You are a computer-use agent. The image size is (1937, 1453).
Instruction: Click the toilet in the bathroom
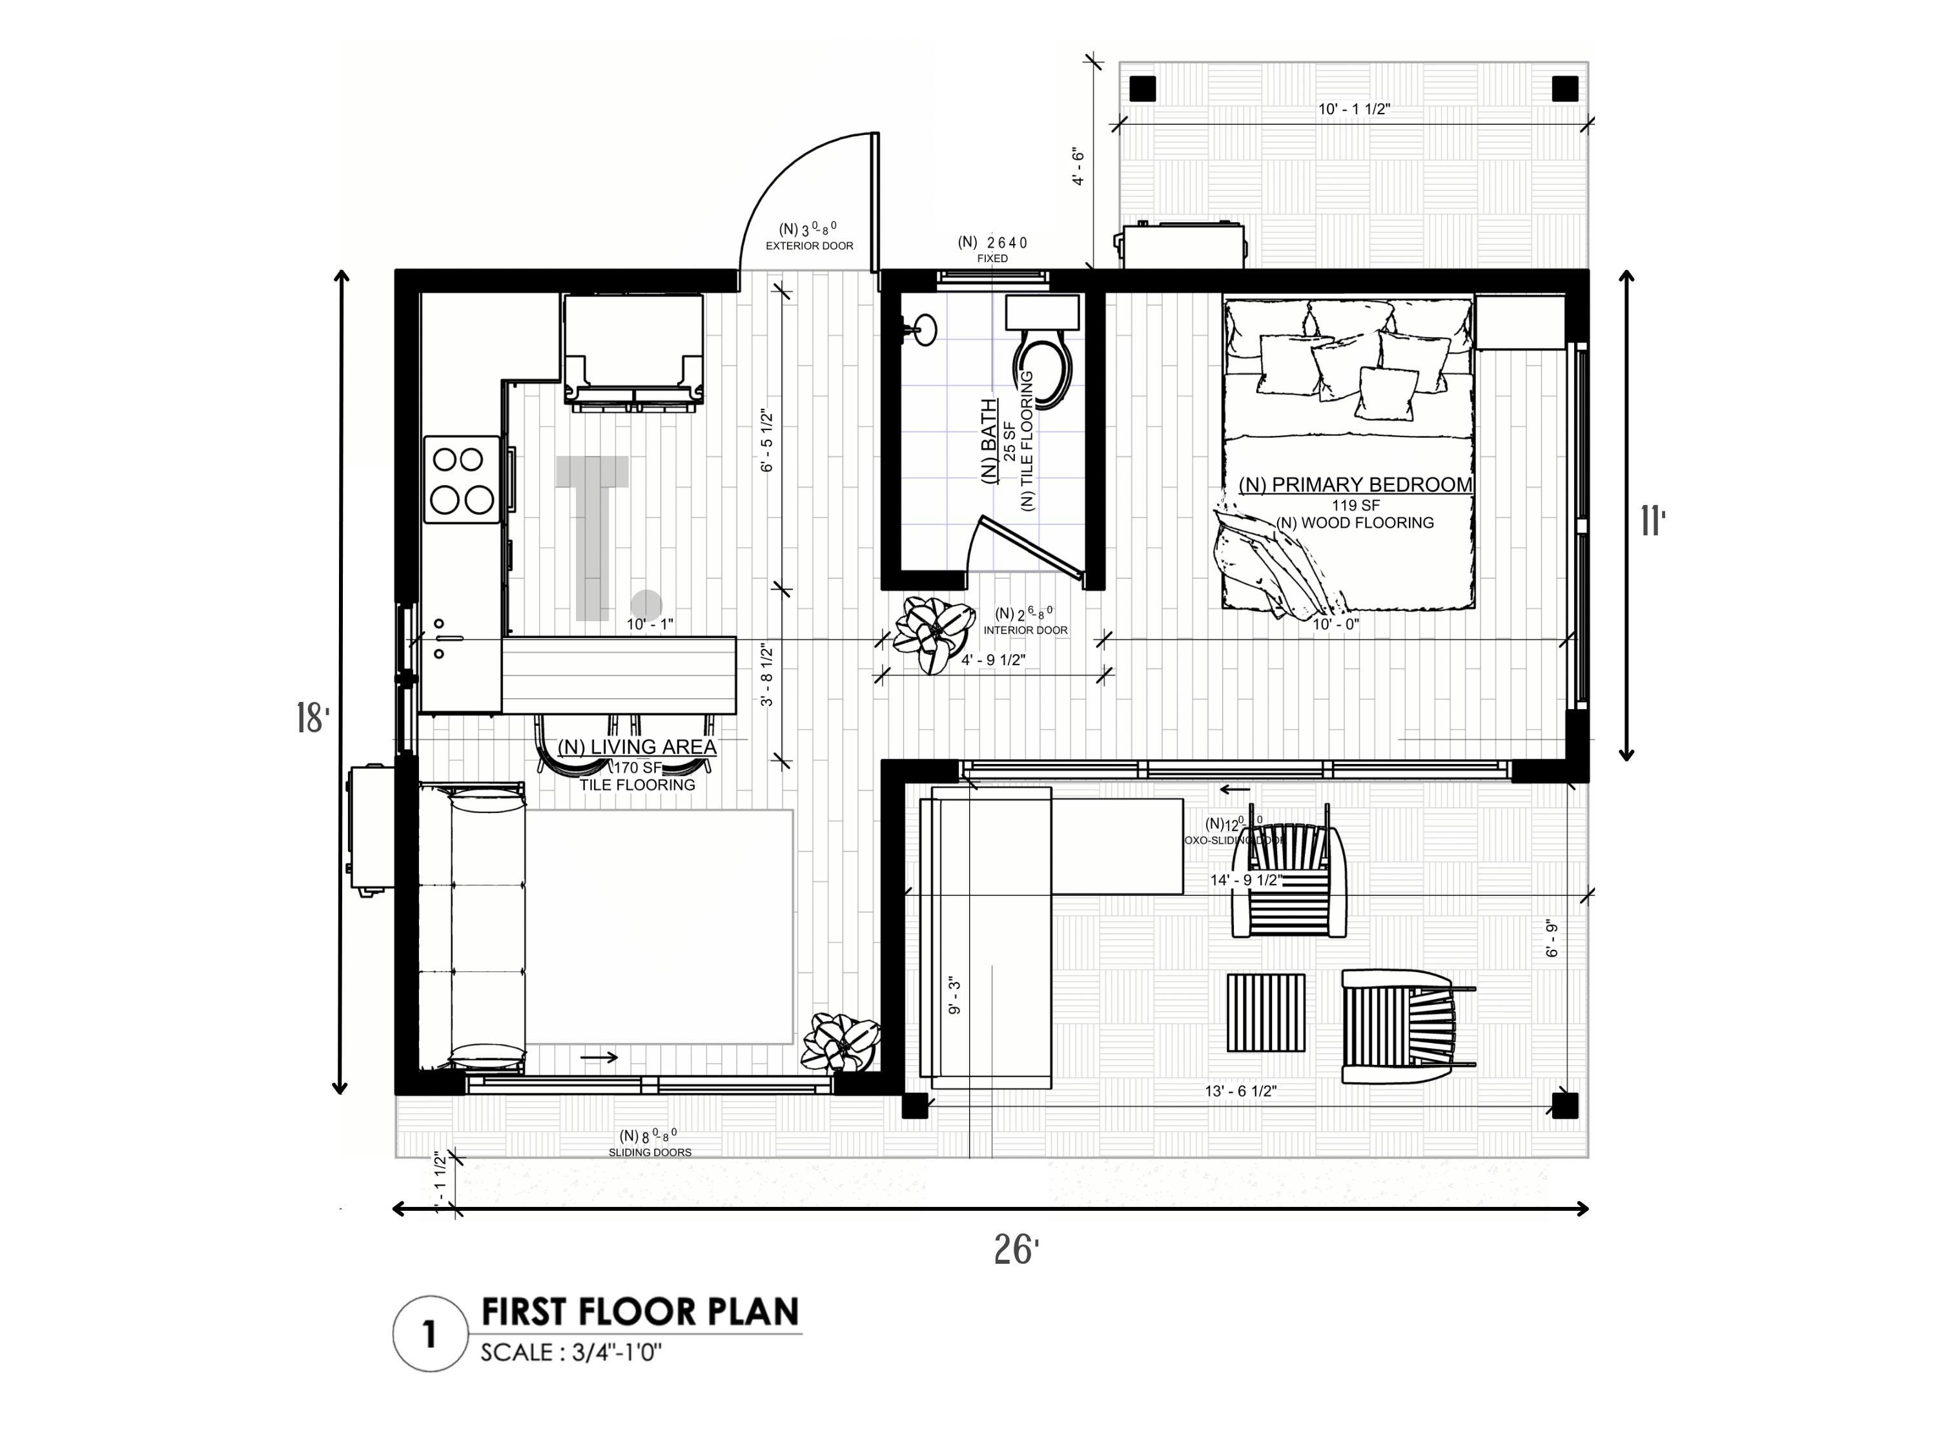(x=1042, y=368)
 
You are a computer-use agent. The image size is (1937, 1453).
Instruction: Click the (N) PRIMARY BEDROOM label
(x=1355, y=484)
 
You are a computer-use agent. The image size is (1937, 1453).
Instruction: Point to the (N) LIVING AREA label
(x=637, y=747)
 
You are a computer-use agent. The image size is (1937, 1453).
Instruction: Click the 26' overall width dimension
(x=1016, y=1250)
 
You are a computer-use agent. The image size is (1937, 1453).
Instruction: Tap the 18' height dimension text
(x=313, y=718)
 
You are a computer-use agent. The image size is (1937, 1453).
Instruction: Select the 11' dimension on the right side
(x=1652, y=522)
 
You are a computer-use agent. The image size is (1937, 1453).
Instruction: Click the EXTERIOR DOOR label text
(x=809, y=246)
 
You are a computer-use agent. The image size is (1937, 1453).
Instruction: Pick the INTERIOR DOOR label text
(x=1025, y=630)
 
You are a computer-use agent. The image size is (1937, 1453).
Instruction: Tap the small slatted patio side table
(x=1266, y=1013)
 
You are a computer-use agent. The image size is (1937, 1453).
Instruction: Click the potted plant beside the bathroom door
(x=934, y=632)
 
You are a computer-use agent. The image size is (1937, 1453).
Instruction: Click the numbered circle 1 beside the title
(x=429, y=1334)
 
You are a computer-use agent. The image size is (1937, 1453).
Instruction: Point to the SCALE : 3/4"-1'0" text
(x=570, y=1352)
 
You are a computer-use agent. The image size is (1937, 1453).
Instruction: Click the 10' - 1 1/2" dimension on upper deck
(x=1354, y=110)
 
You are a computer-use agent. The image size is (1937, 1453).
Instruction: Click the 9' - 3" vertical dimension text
(x=956, y=996)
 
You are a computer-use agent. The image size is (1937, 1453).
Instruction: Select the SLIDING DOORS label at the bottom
(x=650, y=1153)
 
